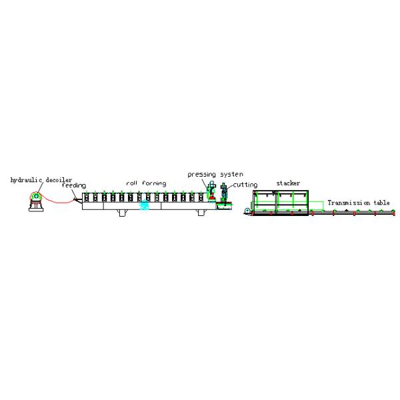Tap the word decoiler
pos(59,180)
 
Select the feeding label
pos(74,185)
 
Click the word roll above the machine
pos(131,183)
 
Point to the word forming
pos(154,184)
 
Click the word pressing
pos(202,175)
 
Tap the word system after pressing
pos(231,174)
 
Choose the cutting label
pos(245,185)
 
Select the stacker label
pos(288,183)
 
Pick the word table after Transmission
pos(381,203)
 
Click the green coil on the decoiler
pos(36,196)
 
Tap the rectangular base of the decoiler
pos(36,210)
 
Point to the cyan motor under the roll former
pos(145,205)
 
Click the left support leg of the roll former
pos(122,213)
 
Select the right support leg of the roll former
pos(201,213)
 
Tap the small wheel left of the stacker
pos(247,211)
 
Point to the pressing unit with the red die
pos(211,191)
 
